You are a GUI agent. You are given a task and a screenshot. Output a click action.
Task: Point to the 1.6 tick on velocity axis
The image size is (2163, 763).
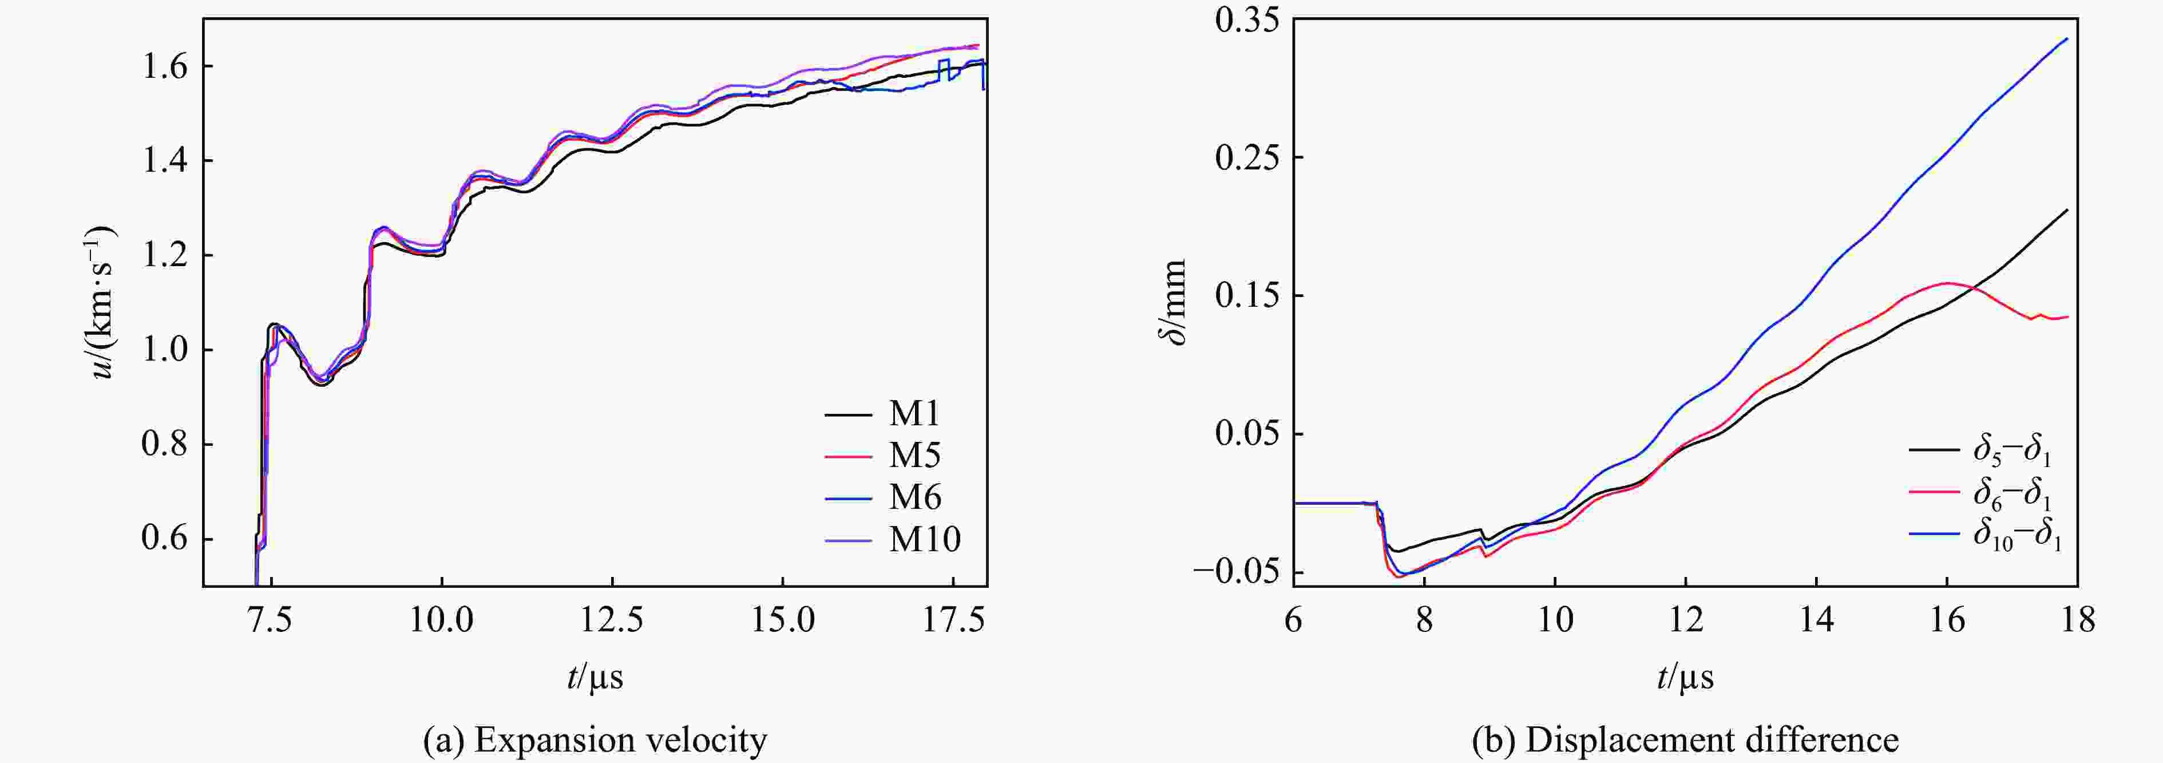(165, 66)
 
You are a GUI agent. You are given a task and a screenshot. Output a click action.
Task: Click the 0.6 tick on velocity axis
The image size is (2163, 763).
(165, 539)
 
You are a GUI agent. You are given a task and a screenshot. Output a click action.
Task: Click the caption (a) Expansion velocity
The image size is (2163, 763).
(595, 740)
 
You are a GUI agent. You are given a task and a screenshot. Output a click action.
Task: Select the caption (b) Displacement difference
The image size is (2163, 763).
(1685, 740)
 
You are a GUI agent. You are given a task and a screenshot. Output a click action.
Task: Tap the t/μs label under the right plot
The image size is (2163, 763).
(1685, 677)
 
